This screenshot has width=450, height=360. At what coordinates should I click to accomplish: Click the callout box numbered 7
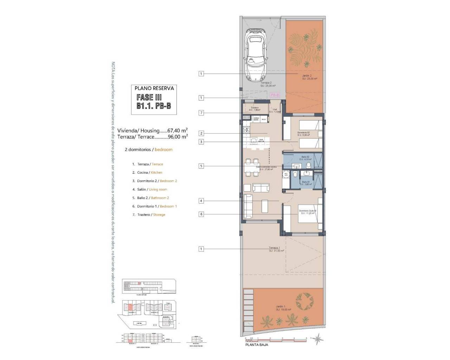pos(201,113)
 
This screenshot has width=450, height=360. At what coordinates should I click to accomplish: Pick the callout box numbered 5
pos(201,166)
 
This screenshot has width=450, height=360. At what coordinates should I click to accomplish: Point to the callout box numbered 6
pos(201,214)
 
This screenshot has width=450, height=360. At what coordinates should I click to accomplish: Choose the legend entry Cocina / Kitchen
pos(147,173)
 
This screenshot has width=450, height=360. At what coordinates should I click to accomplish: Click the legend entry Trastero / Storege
pos(149,215)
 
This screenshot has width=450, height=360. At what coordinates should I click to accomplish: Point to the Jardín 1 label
pos(282,307)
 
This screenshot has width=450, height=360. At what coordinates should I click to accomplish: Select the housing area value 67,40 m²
pos(178,130)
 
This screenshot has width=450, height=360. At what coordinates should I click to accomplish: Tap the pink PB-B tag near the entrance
pos(274,95)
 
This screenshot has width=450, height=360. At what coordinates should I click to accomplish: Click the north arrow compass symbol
pos(319,339)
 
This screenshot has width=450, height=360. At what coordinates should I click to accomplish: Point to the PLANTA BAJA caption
pos(257,345)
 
